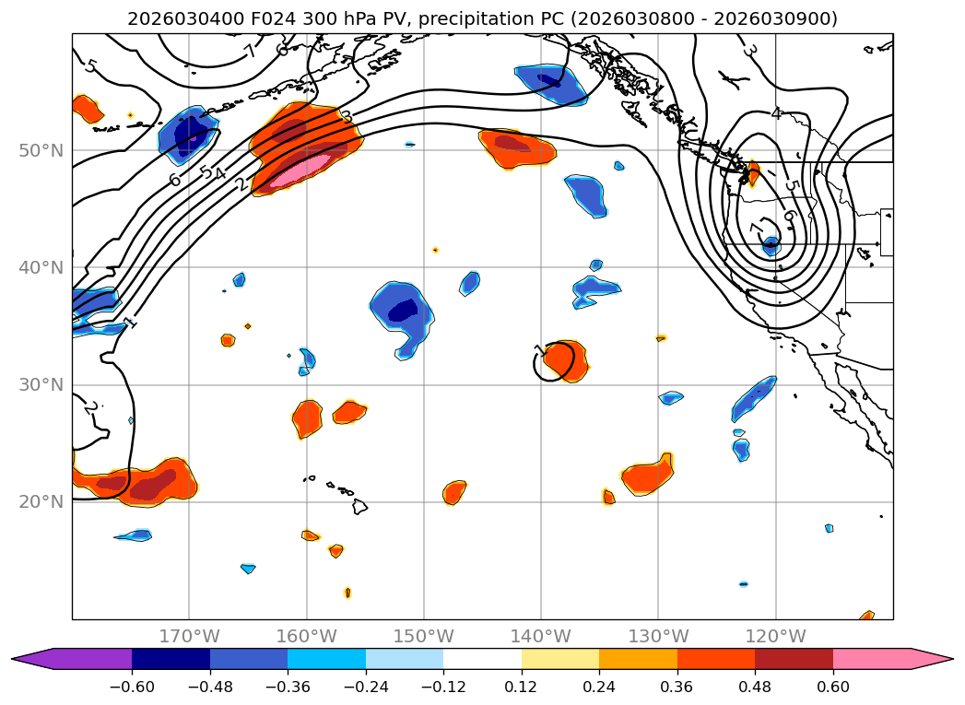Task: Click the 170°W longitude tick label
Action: [x=189, y=636]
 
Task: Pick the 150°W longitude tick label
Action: [x=424, y=636]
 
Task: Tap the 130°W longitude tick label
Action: [x=658, y=636]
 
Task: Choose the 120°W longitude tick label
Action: [x=775, y=636]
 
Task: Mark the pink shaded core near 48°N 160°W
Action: [x=300, y=168]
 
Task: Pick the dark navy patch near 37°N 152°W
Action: [x=404, y=311]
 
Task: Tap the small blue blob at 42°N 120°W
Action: [x=771, y=243]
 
